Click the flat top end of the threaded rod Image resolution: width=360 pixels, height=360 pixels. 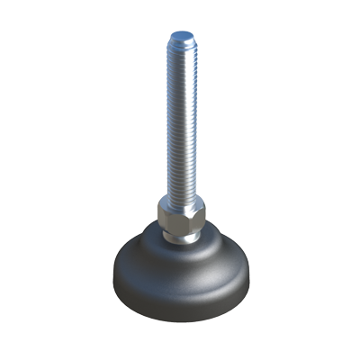coord(182,35)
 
